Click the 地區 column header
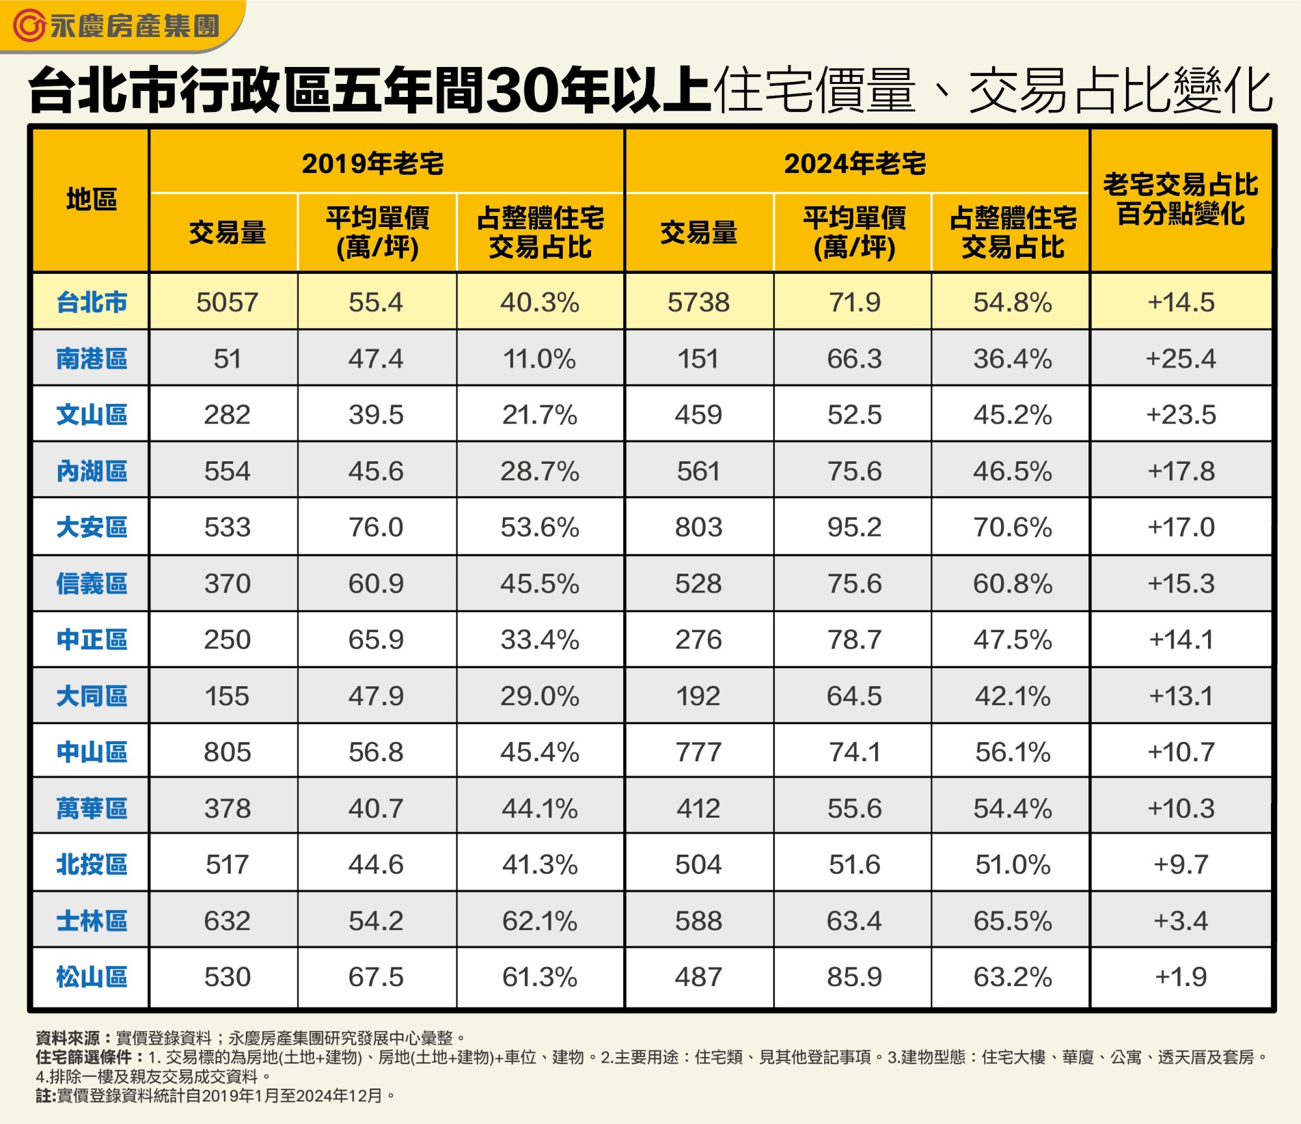click(91, 200)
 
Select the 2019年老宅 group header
click(373, 163)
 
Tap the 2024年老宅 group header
click(855, 163)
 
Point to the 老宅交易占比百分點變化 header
click(1181, 199)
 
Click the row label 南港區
click(91, 358)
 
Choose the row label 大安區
click(91, 527)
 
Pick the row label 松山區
click(91, 977)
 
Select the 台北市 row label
click(91, 302)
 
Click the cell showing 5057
click(227, 302)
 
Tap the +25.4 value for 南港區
click(1181, 358)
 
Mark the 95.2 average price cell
click(854, 527)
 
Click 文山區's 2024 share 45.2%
click(1012, 415)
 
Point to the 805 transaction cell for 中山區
click(227, 752)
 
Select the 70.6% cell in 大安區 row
click(1012, 527)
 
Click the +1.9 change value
click(1181, 977)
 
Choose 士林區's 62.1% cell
click(539, 921)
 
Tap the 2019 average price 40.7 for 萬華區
click(376, 809)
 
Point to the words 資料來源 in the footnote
click(68, 1037)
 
